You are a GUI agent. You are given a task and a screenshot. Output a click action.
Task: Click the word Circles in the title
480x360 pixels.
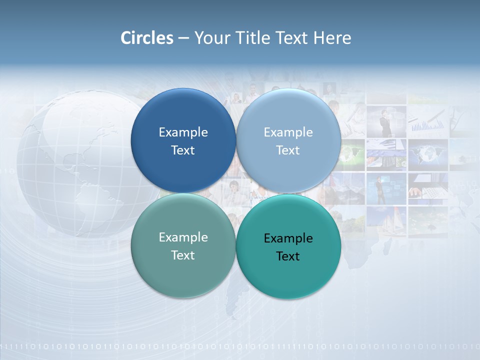147,38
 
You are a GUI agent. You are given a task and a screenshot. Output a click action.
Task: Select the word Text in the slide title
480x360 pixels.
292,38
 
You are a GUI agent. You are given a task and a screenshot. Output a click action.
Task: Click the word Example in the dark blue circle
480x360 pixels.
183,132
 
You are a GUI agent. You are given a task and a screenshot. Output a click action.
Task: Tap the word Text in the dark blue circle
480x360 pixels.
183,150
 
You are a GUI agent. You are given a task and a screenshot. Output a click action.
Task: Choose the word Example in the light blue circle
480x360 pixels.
288,132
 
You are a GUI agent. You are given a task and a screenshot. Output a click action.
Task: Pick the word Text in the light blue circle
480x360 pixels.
288,150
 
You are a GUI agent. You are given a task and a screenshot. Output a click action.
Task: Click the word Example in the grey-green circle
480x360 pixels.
183,237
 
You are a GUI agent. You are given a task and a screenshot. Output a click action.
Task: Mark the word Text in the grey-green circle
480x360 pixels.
183,255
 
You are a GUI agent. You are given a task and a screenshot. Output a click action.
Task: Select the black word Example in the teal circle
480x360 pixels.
288,238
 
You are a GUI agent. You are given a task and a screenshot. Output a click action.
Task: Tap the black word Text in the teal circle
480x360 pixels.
288,256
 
